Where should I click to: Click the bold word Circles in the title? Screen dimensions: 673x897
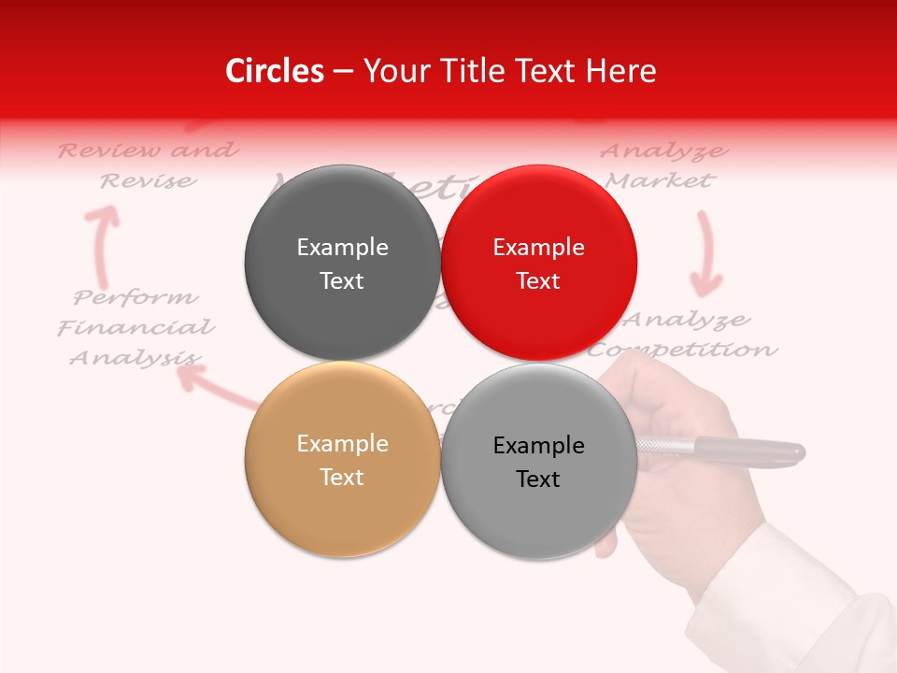pos(275,71)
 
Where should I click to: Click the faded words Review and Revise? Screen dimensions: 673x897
pos(148,165)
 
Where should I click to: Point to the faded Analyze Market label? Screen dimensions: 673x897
pos(663,165)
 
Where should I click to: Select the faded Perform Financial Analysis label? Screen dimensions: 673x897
pos(136,327)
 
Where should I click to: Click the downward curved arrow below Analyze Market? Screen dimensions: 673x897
pos(706,252)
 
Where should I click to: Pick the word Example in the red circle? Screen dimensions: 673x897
pos(539,248)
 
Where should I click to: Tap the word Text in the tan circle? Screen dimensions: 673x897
pos(342,477)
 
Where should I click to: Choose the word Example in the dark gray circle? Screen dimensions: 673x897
pos(342,248)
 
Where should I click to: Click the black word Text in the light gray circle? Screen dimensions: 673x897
pos(538,479)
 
